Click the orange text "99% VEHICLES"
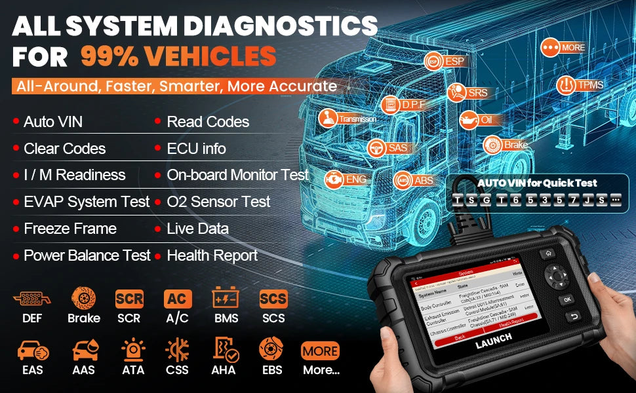coord(178,56)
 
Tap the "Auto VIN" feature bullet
coord(53,122)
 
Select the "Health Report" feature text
coord(212,255)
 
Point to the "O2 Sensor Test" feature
coord(218,202)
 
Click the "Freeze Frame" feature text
coord(70,229)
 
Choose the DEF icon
coord(31,299)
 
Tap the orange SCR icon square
coord(129,299)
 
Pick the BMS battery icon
coord(226,299)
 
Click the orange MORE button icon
coord(320,350)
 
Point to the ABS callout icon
coord(403,180)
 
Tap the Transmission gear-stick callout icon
coord(327,118)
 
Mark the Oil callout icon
coord(469,120)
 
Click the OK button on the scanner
coord(566,299)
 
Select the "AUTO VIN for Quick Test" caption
coord(537,183)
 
